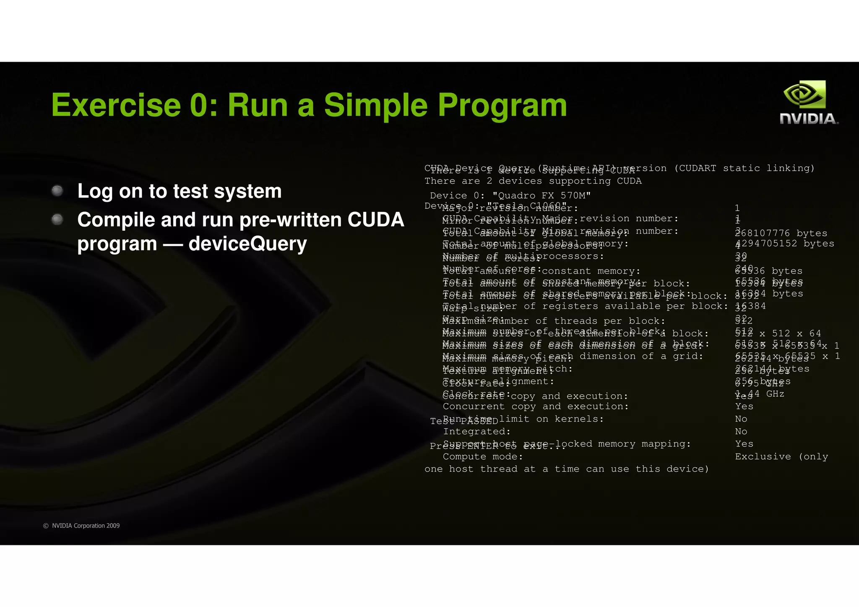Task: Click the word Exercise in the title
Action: coord(116,105)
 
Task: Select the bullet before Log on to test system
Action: coord(57,191)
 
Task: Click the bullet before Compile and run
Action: coord(57,219)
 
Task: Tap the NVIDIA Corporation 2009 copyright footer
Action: coord(81,526)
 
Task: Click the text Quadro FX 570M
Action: coord(541,195)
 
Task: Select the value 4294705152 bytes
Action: coord(784,244)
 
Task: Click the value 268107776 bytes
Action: coord(781,233)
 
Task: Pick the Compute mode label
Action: coord(483,456)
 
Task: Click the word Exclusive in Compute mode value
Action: coord(763,456)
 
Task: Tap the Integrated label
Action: coord(476,431)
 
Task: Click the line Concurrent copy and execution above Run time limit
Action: coord(536,406)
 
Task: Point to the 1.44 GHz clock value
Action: coord(760,394)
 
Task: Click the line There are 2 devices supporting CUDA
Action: coord(533,181)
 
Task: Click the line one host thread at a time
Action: coord(566,469)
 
